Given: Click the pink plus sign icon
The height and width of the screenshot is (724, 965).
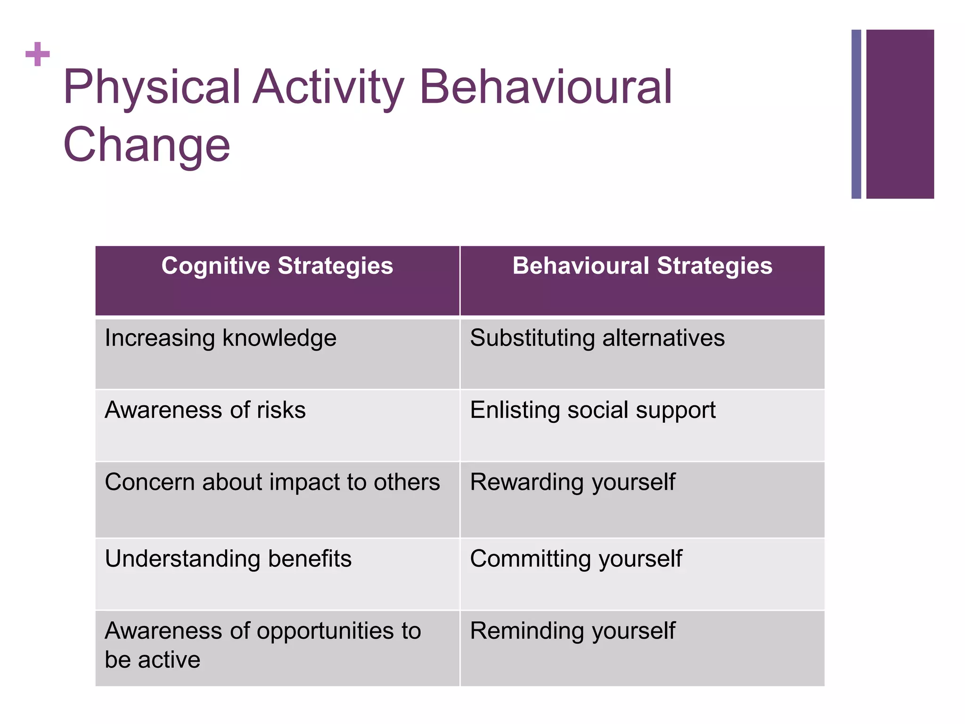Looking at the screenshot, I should point(38,54).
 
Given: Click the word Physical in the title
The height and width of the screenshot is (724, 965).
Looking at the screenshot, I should point(152,87).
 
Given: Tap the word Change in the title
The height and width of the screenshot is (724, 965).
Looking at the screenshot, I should point(147,145).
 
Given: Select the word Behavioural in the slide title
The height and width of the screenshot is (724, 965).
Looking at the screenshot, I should point(545,87).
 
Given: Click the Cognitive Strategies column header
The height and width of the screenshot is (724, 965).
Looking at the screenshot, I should point(277,266).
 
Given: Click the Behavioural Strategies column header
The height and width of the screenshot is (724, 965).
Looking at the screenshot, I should point(642,266).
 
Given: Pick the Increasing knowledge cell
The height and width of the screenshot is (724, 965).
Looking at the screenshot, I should point(221,338).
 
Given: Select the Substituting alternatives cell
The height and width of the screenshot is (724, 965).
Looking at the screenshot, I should point(597,338).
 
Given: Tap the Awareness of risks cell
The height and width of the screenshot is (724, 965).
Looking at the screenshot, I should point(205,410).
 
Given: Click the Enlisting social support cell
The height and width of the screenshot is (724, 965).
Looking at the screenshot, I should point(592,410).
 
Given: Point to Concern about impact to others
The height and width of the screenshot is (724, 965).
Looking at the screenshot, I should point(272,482).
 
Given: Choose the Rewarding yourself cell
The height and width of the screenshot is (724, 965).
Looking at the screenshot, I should point(572,483).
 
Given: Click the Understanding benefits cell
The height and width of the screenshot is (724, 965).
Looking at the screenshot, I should point(228,559).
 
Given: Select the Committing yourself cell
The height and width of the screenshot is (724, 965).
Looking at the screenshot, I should point(576,559).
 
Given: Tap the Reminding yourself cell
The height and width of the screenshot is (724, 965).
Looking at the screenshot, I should point(572,631).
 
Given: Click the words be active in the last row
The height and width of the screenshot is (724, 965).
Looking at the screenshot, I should point(152,660).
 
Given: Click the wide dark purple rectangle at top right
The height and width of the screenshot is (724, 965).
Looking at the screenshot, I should point(900,114).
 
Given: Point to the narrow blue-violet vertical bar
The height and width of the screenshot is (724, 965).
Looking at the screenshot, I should point(856,114).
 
